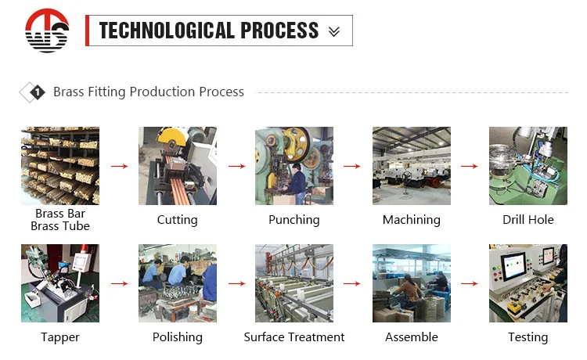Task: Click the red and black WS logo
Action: pos(47,31)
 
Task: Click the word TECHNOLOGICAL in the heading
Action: pos(167,31)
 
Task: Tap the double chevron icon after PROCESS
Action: pos(334,31)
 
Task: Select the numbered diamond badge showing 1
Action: pos(37,92)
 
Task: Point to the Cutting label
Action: pos(177,220)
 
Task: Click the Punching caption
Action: pos(293,220)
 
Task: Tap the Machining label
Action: pos(412,220)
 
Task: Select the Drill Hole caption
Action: pos(528,220)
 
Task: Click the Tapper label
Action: pos(60,337)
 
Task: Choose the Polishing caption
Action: pos(177,337)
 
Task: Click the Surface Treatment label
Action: pos(293,337)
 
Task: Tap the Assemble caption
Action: pos(412,337)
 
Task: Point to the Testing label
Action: pos(528,337)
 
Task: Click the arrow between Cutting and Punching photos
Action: pos(236,166)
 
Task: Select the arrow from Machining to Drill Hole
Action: pos(470,166)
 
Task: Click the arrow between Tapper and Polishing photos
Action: pos(120,283)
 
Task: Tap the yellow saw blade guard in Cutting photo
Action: pos(172,137)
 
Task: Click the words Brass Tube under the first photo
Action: pos(60,226)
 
